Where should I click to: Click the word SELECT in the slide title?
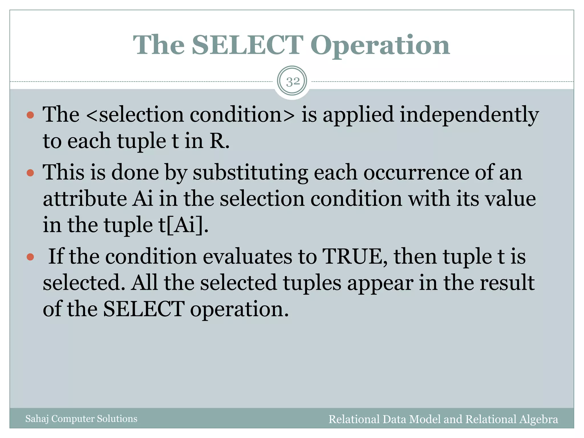[x=247, y=45]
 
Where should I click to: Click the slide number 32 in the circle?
[x=293, y=82]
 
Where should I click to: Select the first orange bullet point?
[x=30, y=115]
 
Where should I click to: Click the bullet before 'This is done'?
[x=30, y=173]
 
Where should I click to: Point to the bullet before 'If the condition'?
[x=30, y=257]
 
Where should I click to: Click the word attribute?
[x=85, y=199]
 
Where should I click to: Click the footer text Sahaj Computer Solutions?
[x=81, y=419]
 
